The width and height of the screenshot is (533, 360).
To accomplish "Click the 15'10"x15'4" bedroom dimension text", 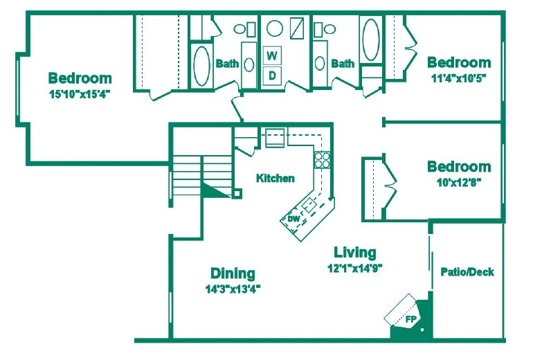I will (x=80, y=93).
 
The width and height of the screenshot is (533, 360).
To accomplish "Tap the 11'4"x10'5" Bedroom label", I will (x=459, y=62).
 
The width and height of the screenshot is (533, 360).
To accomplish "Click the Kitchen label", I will (x=275, y=178).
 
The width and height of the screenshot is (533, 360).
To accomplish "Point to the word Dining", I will (x=233, y=273).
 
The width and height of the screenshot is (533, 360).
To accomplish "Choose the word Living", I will (x=354, y=252).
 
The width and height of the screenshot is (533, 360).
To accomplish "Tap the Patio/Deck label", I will (x=467, y=272).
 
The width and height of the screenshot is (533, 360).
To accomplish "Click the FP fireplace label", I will (x=411, y=321).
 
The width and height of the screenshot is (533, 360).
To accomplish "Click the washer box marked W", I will (x=273, y=55).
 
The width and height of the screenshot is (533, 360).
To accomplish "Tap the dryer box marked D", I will (x=273, y=75).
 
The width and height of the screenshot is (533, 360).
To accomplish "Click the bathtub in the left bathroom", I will (x=201, y=65).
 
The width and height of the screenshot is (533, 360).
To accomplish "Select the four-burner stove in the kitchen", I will (x=322, y=161).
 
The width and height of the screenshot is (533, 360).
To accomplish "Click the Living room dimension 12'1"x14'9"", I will (x=355, y=267).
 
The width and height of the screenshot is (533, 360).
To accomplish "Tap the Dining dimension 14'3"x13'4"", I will (x=233, y=289).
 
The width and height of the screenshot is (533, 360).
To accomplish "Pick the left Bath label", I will (x=227, y=64).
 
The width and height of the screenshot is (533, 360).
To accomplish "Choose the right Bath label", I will (x=343, y=64).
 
